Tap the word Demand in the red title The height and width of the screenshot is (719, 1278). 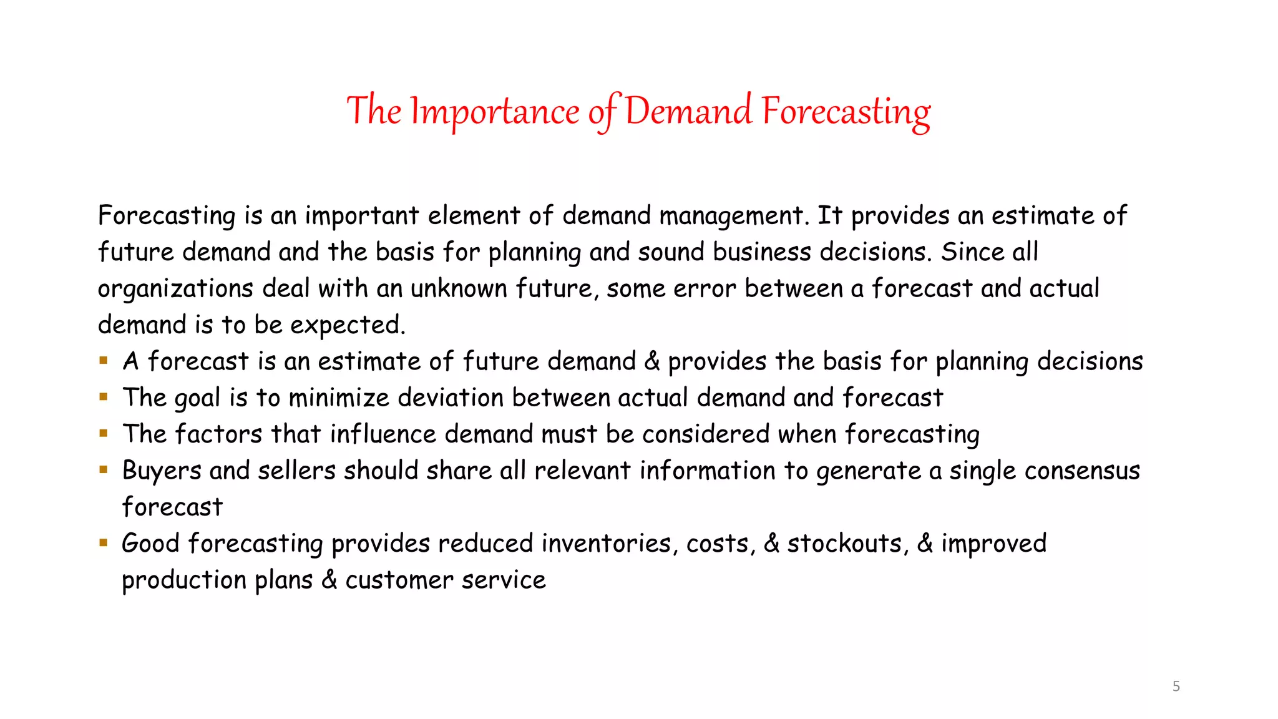688,112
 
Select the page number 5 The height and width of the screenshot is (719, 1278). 1176,687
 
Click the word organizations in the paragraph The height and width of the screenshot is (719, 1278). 175,289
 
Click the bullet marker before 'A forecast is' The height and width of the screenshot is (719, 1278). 104,360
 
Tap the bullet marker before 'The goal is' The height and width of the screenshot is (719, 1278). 104,396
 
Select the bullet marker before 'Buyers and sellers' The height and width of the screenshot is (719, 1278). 104,469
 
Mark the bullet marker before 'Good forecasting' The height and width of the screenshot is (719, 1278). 104,542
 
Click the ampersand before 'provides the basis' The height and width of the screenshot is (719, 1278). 651,361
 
